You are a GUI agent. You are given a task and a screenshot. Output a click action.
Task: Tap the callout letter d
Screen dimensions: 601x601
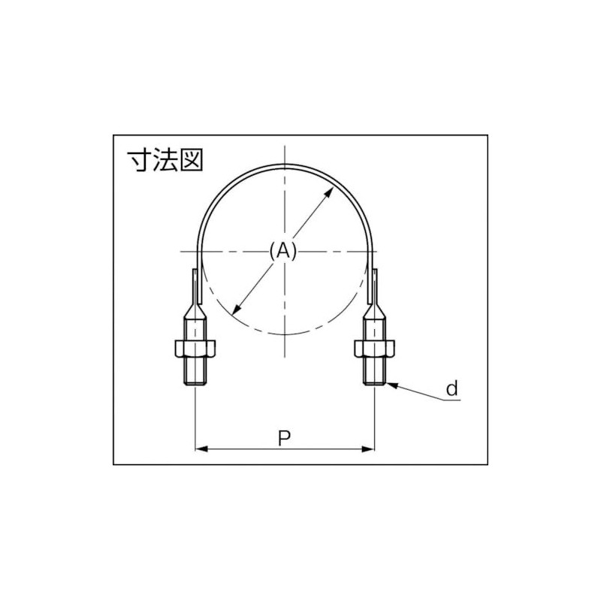(452, 388)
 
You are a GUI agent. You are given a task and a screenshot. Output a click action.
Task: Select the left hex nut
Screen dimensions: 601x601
(195, 348)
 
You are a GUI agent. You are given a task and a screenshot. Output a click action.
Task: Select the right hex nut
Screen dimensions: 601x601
(373, 348)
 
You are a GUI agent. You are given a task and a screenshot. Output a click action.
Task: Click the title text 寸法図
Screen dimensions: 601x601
(164, 161)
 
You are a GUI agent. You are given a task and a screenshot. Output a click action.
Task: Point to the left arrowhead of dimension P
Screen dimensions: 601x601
(201, 449)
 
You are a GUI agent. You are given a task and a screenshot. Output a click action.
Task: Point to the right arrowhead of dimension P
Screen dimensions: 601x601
(368, 449)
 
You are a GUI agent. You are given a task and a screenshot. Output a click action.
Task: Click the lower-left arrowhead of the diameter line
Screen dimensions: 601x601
(236, 308)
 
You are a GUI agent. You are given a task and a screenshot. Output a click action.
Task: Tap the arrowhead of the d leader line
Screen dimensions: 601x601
(389, 385)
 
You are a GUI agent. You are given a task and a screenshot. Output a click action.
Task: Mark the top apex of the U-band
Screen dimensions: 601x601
(285, 164)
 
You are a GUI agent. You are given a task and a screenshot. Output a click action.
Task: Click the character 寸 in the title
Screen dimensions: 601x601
(137, 161)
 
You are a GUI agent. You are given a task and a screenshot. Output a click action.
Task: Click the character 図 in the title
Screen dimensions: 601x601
(191, 161)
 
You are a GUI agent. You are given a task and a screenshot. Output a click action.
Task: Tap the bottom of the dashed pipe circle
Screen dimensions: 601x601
(285, 334)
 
